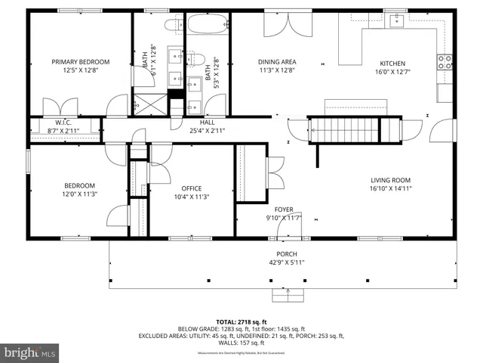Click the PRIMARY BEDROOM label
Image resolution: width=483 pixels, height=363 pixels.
point(81,62)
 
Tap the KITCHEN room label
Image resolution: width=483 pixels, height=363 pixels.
point(392,64)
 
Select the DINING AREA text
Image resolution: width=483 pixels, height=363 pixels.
point(277,62)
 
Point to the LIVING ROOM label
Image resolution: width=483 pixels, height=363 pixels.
point(390,180)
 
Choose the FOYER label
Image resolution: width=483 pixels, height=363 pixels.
point(284,209)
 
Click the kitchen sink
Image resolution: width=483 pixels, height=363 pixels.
point(395,21)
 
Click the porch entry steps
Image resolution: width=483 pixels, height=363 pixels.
point(287,294)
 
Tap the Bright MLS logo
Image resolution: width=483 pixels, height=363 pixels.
point(30,352)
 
